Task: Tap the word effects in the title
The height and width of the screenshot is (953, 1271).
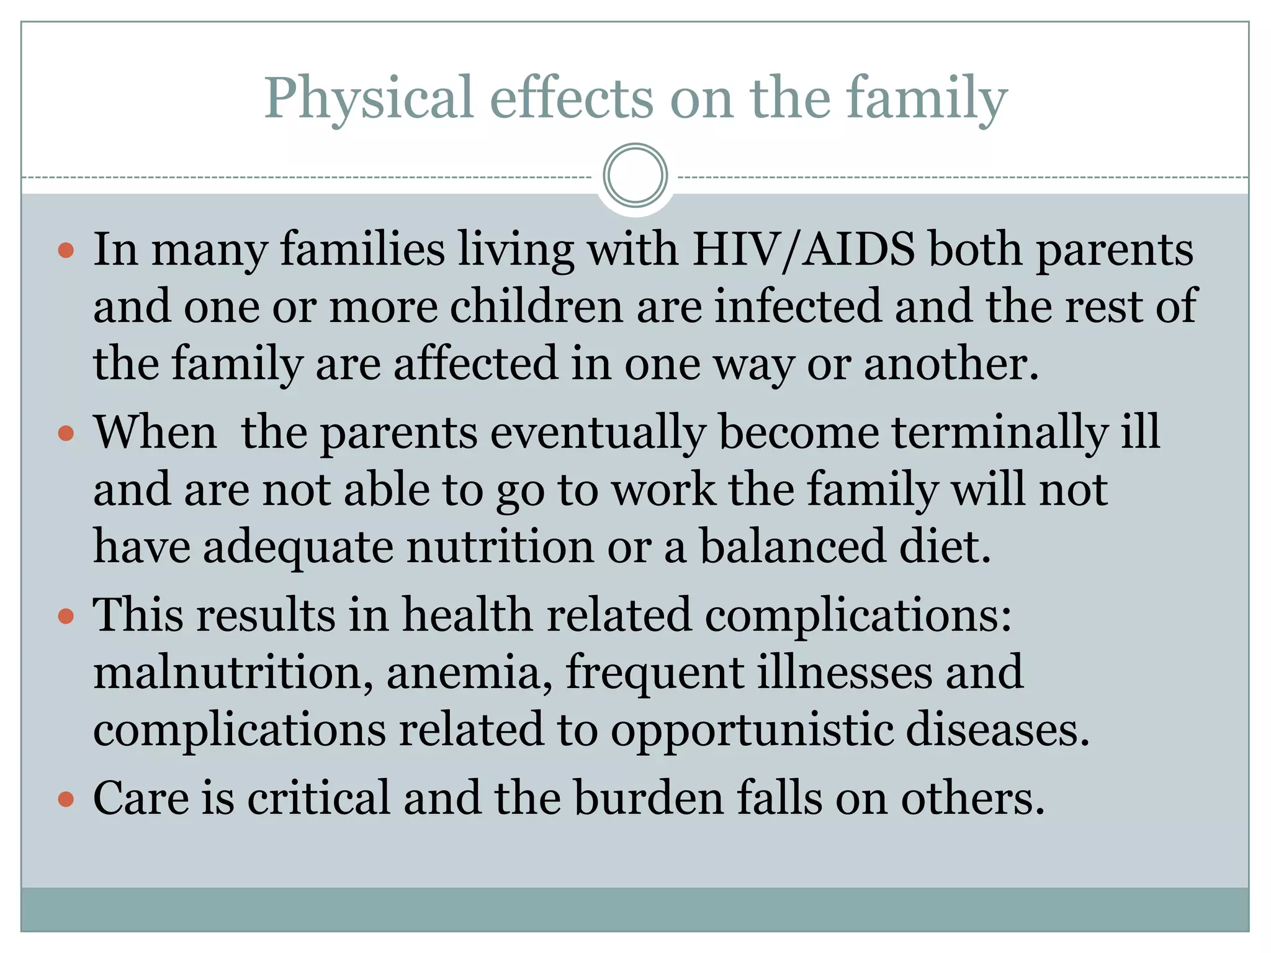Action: [572, 99]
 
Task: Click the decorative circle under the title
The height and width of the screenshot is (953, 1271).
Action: [635, 175]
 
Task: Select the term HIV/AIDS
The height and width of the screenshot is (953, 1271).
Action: [803, 249]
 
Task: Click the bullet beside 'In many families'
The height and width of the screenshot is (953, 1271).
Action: [66, 251]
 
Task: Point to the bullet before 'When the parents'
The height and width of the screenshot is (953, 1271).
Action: [66, 432]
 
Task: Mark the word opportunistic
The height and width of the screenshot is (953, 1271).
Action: [752, 731]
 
